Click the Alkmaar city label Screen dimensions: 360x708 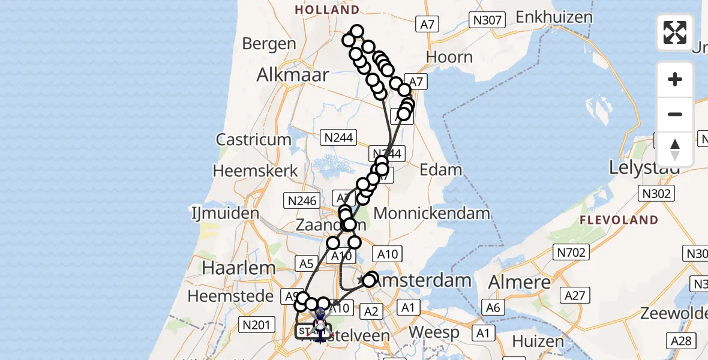pyautogui.click(x=293, y=75)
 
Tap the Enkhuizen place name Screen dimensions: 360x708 pyautogui.click(x=554, y=16)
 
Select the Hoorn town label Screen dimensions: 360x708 pyautogui.click(x=449, y=57)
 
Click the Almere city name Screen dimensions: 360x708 pyautogui.click(x=520, y=282)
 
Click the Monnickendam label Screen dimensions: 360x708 pyautogui.click(x=424, y=213)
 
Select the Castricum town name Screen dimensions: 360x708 pyautogui.click(x=254, y=140)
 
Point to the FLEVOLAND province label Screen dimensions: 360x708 pyautogui.click(x=619, y=220)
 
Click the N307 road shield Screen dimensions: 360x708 pyautogui.click(x=487, y=20)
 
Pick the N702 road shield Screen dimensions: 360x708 pyautogui.click(x=571, y=253)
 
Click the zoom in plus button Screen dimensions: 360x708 pyautogui.click(x=675, y=79)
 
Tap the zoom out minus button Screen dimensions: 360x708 pyautogui.click(x=675, y=114)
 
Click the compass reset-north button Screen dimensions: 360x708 pyautogui.click(x=675, y=149)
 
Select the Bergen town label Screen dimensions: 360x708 pyautogui.click(x=269, y=44)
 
